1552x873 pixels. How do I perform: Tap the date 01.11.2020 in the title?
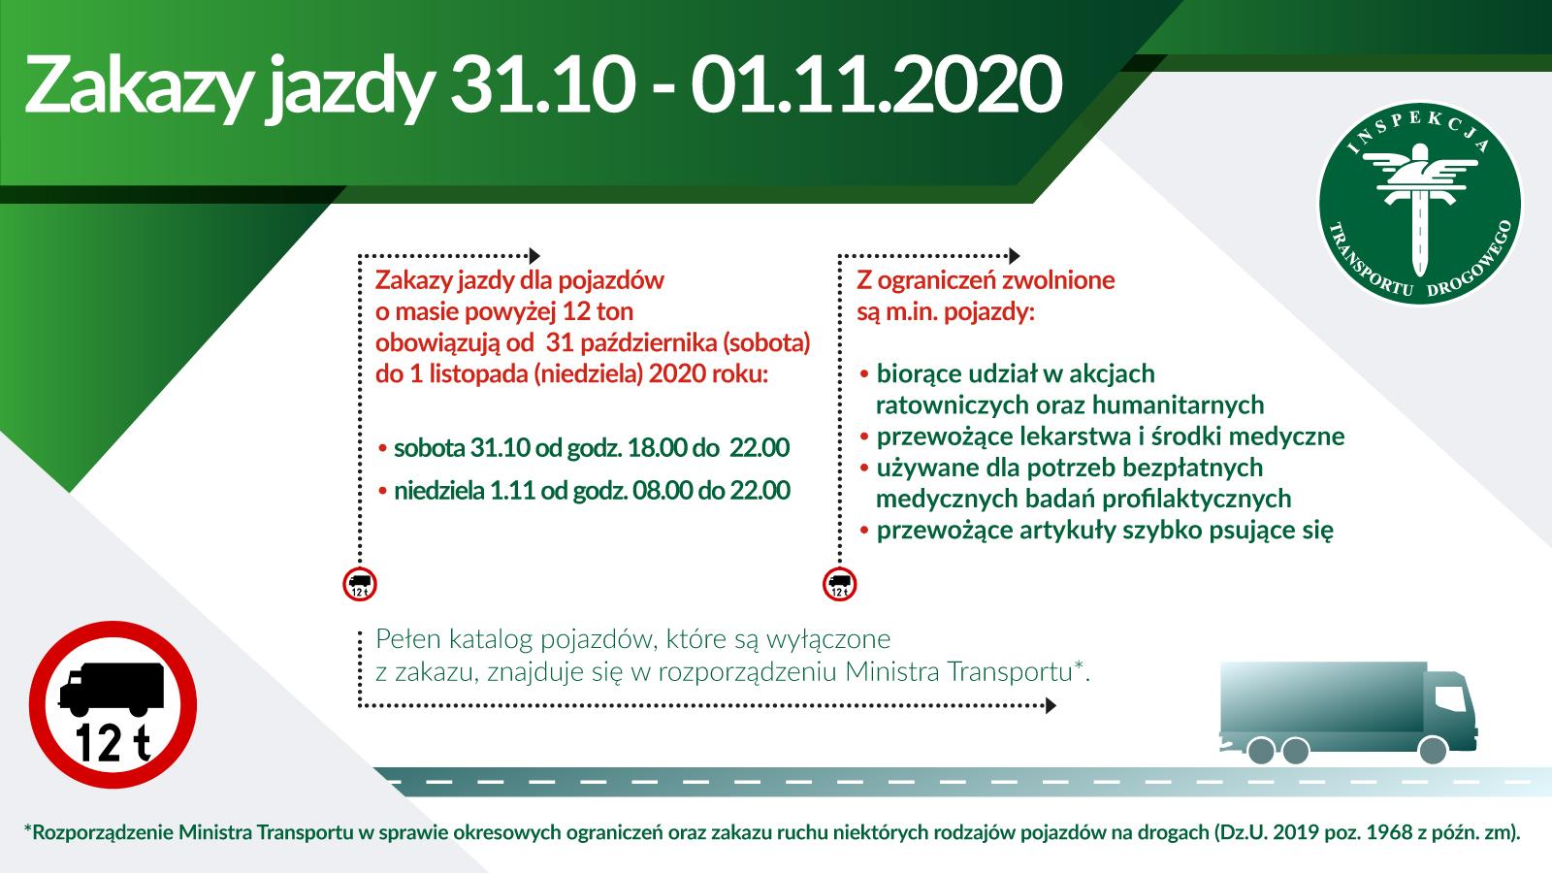[x=876, y=83]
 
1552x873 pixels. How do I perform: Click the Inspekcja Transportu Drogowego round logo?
[x=1419, y=202]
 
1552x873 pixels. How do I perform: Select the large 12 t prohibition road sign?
[x=113, y=704]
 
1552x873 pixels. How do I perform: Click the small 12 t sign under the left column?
[x=360, y=584]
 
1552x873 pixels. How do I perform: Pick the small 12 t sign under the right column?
[x=840, y=584]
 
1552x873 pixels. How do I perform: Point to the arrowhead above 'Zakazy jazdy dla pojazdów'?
[x=534, y=256]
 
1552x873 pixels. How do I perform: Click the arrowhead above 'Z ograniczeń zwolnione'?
[x=1015, y=256]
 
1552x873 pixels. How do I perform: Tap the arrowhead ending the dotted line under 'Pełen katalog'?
[x=1051, y=706]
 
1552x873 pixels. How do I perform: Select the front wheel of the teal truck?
[x=1432, y=751]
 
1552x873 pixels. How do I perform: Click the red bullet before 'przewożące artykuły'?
[x=864, y=531]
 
